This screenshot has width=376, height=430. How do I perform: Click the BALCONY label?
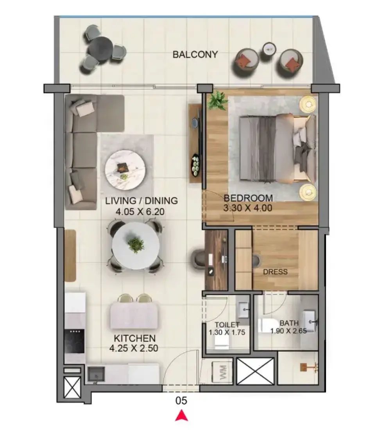195,54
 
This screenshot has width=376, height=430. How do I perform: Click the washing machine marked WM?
222,373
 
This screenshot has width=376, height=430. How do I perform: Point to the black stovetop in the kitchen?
74,341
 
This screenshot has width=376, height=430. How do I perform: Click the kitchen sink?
96,373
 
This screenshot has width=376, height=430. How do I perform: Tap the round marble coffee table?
125,170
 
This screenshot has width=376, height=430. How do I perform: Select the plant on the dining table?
136,244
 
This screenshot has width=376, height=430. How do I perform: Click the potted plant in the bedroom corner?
217,100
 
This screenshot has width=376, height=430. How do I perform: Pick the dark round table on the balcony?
101,49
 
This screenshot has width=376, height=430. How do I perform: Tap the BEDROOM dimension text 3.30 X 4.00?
248,208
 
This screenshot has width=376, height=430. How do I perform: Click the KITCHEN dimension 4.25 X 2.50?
134,348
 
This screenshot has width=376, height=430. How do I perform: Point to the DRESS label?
275,272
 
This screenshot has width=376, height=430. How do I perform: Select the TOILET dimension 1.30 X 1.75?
227,332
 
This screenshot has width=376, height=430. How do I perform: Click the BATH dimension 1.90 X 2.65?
288,331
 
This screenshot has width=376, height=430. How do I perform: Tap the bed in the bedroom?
277,148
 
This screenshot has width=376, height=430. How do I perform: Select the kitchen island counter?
134,315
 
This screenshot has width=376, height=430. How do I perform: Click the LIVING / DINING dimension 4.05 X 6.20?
140,212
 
